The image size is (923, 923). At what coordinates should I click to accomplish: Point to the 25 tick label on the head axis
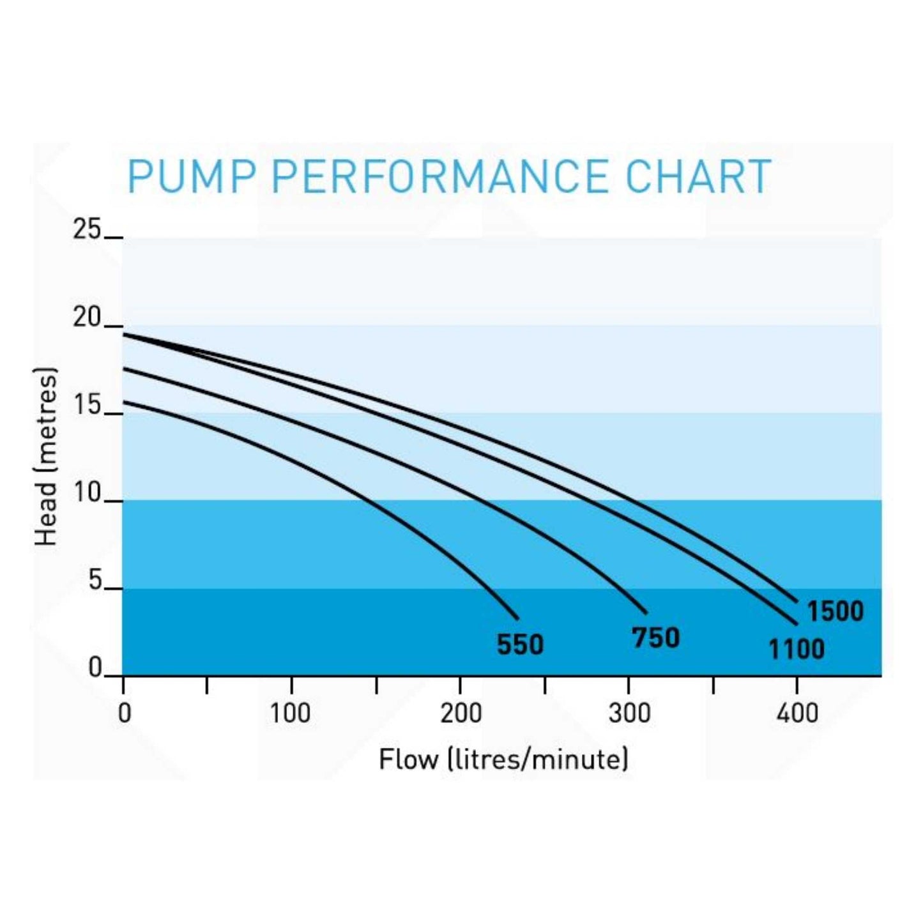tap(87, 229)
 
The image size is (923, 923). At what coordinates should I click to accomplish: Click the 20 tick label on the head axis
tap(87, 317)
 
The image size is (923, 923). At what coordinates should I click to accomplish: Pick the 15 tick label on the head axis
tap(87, 405)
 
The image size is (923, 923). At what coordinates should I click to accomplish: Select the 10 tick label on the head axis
tap(87, 493)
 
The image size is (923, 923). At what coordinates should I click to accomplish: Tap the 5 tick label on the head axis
tap(95, 581)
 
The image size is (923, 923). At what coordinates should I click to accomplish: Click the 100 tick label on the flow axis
tap(291, 713)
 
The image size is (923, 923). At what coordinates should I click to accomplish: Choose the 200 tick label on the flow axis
tap(461, 713)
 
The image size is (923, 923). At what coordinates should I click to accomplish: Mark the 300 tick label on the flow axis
tap(629, 713)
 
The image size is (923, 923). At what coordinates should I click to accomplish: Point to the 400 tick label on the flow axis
tap(797, 713)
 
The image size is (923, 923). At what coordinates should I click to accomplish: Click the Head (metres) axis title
tap(46, 457)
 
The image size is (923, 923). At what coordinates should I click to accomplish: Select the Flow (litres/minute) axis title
tap(503, 760)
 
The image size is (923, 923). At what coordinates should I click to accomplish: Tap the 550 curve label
tap(520, 645)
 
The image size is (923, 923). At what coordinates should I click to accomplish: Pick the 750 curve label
tap(655, 638)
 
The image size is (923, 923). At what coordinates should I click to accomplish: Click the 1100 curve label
tap(796, 650)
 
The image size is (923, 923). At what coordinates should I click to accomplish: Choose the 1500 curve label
tap(835, 612)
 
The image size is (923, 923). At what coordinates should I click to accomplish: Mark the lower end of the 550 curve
tap(517, 618)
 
